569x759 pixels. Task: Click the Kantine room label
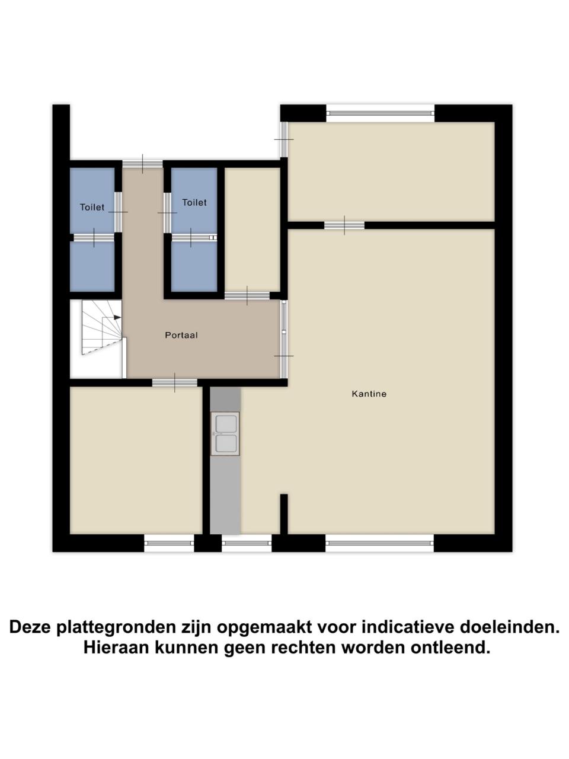pos(369,394)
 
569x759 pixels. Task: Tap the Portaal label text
pos(181,334)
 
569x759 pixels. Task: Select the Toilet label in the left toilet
pos(92,207)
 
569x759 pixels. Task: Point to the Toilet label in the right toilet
pos(194,202)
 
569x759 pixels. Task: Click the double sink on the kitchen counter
pos(225,433)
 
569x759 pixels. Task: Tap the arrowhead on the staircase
pos(117,317)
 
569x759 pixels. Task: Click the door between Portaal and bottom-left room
pos(175,382)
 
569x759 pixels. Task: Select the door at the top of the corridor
pos(142,164)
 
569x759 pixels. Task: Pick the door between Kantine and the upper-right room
pos(344,225)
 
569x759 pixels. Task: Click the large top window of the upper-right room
pos(380,113)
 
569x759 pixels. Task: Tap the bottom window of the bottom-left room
pos(169,543)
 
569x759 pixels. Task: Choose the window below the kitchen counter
pos(247,543)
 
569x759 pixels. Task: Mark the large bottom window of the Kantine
pos(379,543)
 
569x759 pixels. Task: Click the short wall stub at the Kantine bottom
pos(284,514)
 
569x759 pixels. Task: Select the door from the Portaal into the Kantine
pos(284,339)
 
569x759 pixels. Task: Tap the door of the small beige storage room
pos(247,296)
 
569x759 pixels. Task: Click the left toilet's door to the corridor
pos(118,212)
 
